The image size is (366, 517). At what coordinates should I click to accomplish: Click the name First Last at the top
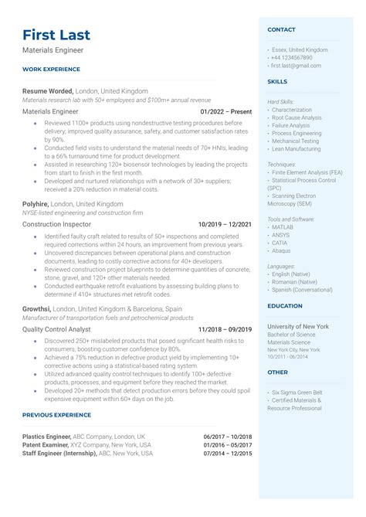(56, 35)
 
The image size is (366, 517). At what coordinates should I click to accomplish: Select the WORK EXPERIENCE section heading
(51, 69)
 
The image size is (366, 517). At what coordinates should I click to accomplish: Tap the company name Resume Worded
(49, 90)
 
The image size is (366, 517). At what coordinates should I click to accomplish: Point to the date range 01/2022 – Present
(226, 112)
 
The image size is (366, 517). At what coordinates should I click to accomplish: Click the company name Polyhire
(36, 203)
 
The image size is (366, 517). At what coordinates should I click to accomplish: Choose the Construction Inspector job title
(58, 224)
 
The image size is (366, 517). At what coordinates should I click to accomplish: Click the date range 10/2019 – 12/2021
(225, 224)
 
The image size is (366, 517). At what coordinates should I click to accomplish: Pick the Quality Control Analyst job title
(57, 329)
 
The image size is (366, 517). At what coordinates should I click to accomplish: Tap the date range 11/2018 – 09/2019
(225, 329)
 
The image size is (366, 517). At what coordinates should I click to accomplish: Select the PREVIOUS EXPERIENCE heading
(56, 415)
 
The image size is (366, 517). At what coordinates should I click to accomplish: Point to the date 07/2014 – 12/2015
(228, 454)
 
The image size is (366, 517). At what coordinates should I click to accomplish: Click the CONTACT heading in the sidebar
(281, 29)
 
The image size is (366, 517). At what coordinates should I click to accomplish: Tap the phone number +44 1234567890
(291, 57)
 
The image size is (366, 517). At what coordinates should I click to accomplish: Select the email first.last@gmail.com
(296, 66)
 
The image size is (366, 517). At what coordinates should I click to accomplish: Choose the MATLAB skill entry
(283, 227)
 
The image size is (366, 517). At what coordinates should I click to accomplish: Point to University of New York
(298, 326)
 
